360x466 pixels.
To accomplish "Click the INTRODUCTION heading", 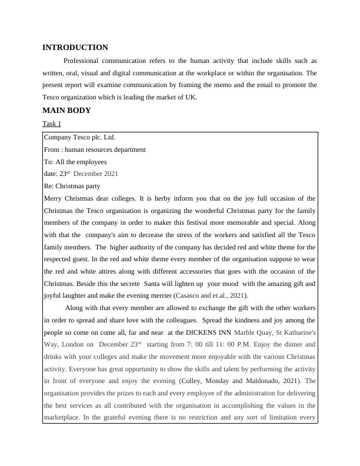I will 75,48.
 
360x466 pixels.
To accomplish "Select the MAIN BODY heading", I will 66,110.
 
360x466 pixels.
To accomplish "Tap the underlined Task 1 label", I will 52,124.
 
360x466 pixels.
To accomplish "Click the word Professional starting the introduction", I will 84,61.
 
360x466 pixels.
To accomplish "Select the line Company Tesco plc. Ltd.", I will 80,137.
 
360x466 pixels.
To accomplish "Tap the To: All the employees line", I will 75,162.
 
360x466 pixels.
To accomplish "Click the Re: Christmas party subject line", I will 72,186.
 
